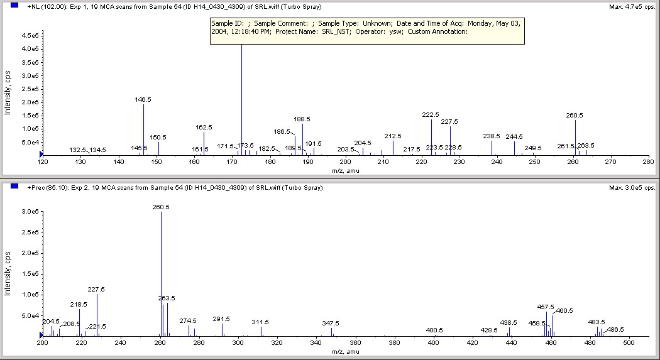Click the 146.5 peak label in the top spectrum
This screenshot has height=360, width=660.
(143, 99)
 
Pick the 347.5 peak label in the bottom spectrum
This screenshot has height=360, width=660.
(331, 323)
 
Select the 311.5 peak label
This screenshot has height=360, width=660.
(260, 322)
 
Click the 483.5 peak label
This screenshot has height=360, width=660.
(597, 322)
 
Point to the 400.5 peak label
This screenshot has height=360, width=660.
(434, 330)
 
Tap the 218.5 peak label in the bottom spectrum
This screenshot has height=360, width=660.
(79, 304)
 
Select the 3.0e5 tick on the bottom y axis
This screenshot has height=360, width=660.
(30, 212)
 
